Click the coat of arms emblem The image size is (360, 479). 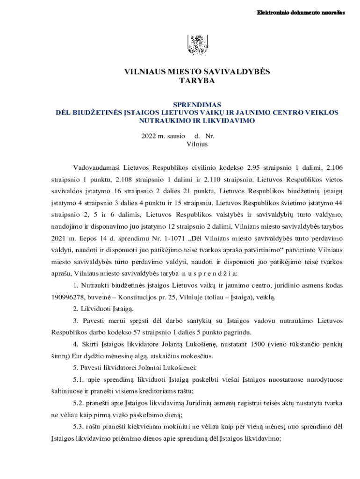(197, 45)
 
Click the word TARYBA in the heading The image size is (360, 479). (197, 81)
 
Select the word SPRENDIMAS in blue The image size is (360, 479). (197, 105)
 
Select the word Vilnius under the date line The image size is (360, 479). (197, 144)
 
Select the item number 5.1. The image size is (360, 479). (79, 379)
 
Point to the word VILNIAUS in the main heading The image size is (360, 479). (144, 72)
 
